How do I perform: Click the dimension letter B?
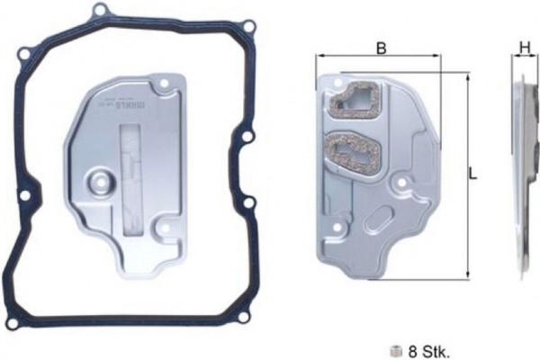point(382,49)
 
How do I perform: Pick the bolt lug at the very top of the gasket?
point(102,11)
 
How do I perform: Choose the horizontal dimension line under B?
point(379,58)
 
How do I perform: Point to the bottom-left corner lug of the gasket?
point(12,320)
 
